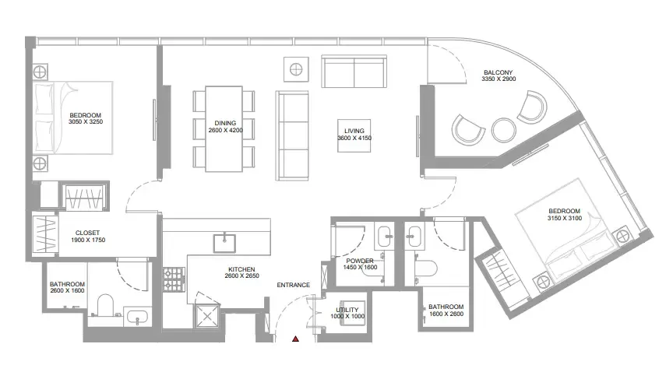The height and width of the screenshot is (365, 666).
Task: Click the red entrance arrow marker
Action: (x=296, y=339)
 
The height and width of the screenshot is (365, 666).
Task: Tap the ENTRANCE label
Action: (x=294, y=285)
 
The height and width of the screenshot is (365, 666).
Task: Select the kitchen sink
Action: (x=224, y=243)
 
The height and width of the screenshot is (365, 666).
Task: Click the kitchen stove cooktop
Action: (x=174, y=279)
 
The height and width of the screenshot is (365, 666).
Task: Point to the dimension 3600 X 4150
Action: (x=354, y=138)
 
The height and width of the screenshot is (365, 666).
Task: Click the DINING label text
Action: (x=225, y=123)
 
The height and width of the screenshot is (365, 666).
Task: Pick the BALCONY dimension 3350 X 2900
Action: (x=499, y=79)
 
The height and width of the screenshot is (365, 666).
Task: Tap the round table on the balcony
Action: (x=504, y=130)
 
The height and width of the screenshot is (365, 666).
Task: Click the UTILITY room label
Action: (x=347, y=310)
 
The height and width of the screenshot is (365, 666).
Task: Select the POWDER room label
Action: (x=360, y=261)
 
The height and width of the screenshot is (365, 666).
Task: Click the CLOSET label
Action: (x=87, y=233)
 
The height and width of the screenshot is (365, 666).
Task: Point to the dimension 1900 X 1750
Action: (x=88, y=240)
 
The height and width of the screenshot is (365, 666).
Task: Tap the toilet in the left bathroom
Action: (x=105, y=305)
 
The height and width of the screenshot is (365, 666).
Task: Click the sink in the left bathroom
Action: (x=137, y=317)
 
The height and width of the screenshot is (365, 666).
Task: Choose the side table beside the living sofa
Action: (x=296, y=68)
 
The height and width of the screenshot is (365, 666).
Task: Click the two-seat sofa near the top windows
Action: (x=354, y=72)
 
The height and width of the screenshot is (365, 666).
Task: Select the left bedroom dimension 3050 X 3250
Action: (x=86, y=122)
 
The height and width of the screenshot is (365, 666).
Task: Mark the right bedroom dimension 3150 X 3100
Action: (x=565, y=218)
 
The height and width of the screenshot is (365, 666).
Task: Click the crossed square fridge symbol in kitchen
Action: (x=207, y=316)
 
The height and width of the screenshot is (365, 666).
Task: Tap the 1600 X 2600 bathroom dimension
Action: (x=446, y=314)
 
